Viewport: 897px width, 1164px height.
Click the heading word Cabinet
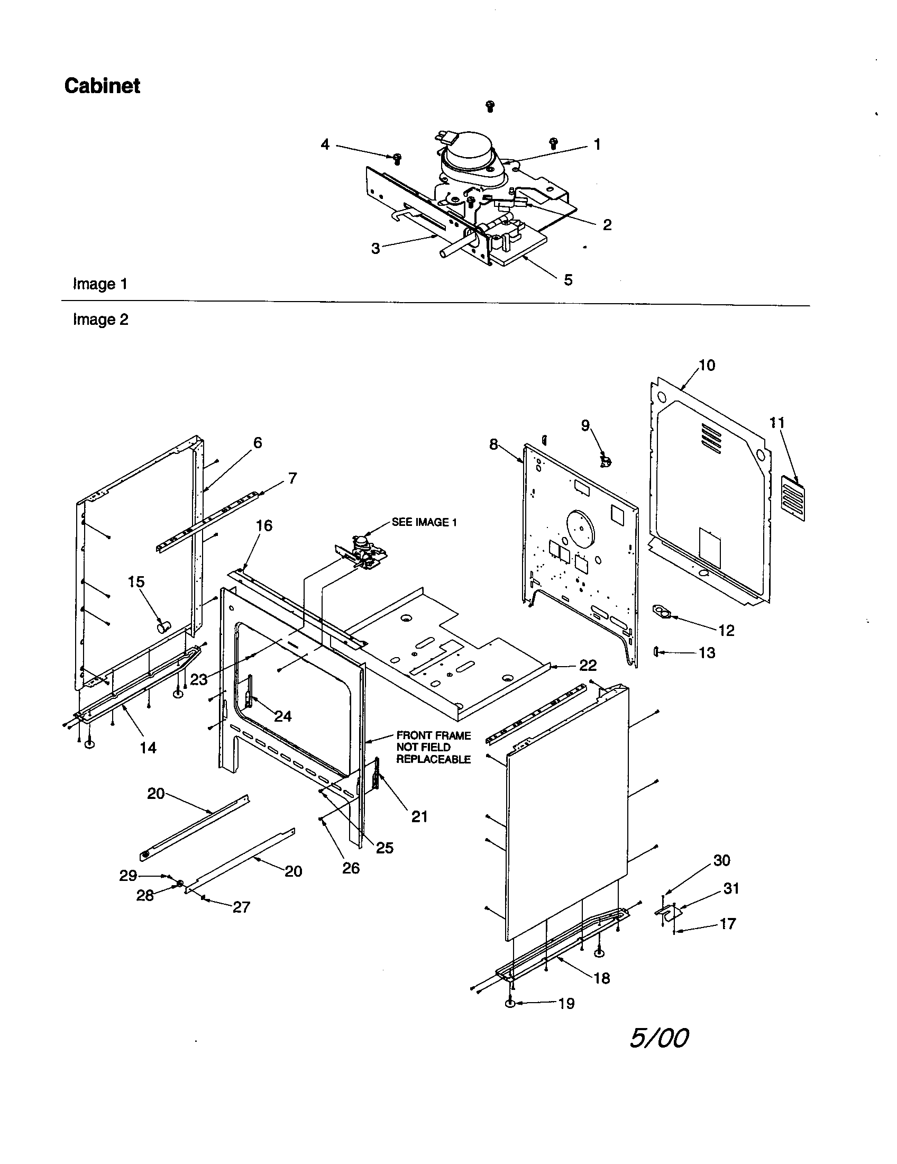click(x=102, y=86)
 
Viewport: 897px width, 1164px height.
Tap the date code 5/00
click(x=659, y=1038)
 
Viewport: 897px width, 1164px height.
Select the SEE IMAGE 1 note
click(x=424, y=522)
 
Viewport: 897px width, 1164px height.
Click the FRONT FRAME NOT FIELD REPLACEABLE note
click(x=433, y=747)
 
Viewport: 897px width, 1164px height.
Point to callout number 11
click(x=777, y=423)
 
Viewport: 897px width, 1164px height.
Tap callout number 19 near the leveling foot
click(x=566, y=1004)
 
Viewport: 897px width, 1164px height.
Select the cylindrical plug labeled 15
click(x=163, y=625)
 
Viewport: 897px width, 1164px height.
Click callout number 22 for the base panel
click(x=588, y=665)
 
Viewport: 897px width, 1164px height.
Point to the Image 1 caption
click(x=100, y=284)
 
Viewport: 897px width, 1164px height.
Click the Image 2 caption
click(x=100, y=320)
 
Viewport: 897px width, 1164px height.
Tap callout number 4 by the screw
click(x=325, y=144)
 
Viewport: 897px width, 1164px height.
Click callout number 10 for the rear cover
click(x=707, y=366)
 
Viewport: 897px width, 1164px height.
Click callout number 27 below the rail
click(x=241, y=907)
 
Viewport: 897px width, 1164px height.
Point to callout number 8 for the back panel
click(x=493, y=444)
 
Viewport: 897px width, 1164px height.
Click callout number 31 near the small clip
click(x=731, y=888)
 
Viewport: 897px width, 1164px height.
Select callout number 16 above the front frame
click(x=264, y=525)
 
